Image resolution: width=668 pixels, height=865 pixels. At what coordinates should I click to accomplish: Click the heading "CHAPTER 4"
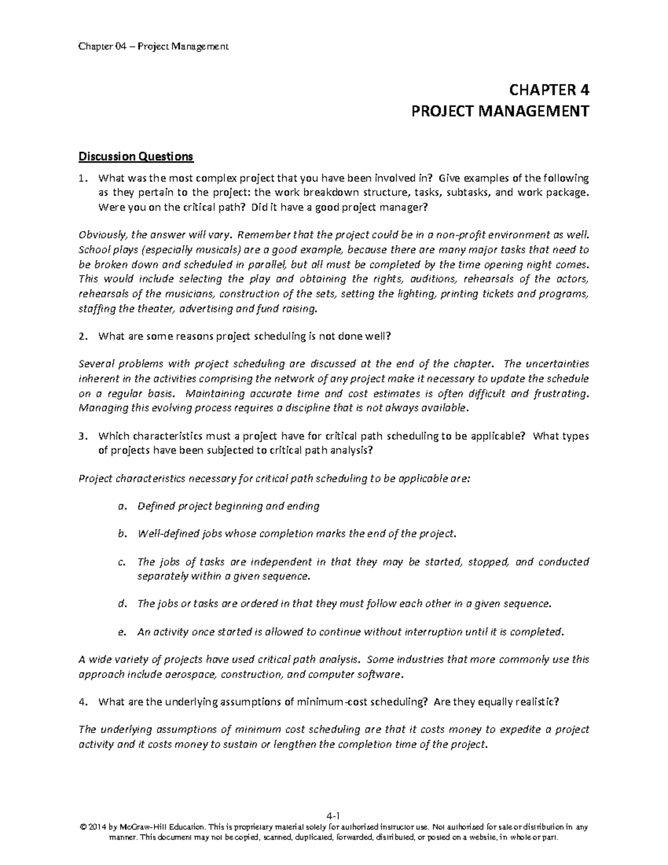pos(548,90)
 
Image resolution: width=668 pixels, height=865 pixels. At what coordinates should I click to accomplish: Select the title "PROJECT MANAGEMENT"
pos(499,111)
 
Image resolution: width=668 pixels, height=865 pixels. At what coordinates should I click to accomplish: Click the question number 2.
pos(82,336)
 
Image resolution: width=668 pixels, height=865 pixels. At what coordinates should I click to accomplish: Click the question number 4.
pos(82,702)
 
